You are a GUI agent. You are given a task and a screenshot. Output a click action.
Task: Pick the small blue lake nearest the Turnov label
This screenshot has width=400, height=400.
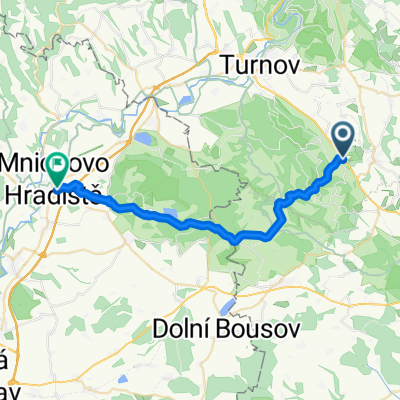(x=187, y=99)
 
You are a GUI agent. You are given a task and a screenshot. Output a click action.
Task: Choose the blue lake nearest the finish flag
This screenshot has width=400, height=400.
(x=146, y=141)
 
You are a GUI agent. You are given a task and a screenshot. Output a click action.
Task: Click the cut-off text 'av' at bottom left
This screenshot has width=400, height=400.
(x=8, y=390)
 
